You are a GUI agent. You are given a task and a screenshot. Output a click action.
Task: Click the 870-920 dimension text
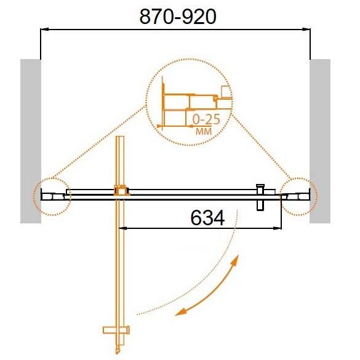[x=178, y=17]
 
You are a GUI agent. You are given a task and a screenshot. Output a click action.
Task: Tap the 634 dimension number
[x=207, y=218]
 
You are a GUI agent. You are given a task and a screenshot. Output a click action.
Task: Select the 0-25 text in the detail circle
[x=206, y=119]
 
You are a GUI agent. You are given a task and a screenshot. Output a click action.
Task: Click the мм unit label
[x=204, y=131]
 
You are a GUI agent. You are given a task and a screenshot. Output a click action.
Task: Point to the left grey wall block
[x=31, y=141]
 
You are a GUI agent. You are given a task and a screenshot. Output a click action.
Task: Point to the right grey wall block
[x=320, y=141]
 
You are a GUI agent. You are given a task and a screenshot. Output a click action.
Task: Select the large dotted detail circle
[x=146, y=102]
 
